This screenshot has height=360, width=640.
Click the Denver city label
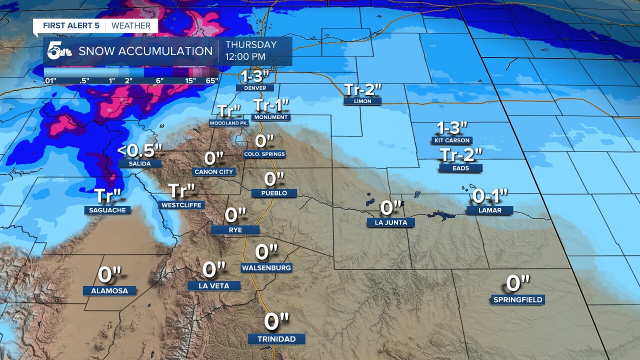[255, 88]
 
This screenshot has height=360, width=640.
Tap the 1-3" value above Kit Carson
[452, 128]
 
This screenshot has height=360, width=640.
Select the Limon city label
[362, 101]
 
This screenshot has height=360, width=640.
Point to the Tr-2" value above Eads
[461, 155]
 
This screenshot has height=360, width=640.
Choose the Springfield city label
[517, 300]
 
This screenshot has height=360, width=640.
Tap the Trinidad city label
[276, 339]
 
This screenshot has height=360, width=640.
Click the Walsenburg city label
[266, 268]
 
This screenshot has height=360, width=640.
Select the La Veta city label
[214, 286]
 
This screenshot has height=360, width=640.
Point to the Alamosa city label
[109, 290]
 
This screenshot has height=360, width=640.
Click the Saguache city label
[107, 210]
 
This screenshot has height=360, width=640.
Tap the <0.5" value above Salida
[140, 150]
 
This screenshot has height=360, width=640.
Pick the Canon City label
[213, 172]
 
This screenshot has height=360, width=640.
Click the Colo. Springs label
[264, 154]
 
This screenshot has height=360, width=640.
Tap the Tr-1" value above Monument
[271, 105]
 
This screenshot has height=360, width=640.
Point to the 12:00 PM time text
[245, 57]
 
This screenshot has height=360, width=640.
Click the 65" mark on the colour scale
[211, 80]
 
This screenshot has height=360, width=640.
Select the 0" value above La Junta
[391, 207]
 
